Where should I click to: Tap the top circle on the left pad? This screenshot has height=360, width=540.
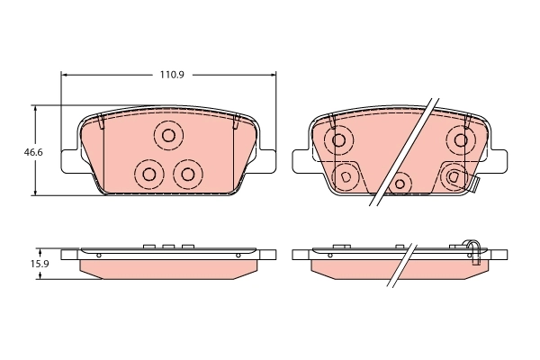tap(168, 137)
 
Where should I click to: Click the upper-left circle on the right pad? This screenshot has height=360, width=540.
tap(339, 139)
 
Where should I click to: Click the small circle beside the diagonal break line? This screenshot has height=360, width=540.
tap(400, 184)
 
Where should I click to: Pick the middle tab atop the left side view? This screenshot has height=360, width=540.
tap(167, 245)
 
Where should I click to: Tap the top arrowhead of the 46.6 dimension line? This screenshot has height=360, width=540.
tap(35, 108)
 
